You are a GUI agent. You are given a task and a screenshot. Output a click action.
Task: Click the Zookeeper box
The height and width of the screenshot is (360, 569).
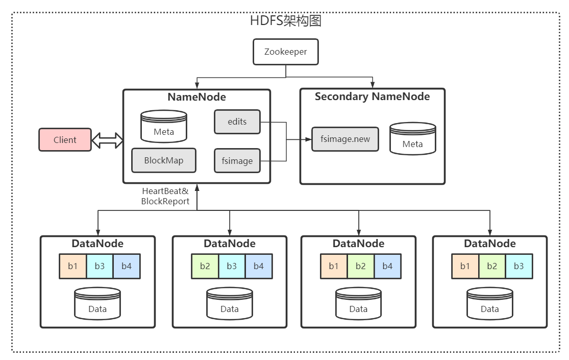tap(286, 52)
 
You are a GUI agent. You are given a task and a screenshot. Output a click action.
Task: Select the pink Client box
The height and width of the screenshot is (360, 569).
tap(65, 140)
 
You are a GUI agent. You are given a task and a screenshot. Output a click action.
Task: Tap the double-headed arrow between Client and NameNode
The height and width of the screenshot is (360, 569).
tap(107, 140)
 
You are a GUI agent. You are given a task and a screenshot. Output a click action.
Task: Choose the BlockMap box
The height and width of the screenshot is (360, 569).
tap(163, 160)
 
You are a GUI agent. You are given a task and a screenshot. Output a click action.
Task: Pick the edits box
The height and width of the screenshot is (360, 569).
tap(237, 122)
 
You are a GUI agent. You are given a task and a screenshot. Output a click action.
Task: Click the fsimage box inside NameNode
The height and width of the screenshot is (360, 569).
tap(237, 161)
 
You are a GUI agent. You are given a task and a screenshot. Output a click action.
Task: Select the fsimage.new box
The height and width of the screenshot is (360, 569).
tap(345, 138)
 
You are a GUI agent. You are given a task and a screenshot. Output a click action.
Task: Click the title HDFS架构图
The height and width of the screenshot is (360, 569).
tap(285, 21)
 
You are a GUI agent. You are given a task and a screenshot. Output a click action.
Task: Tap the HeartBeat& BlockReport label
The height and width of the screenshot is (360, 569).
tap(165, 196)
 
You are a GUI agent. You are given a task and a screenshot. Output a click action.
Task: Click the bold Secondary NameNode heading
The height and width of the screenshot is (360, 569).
tap(372, 97)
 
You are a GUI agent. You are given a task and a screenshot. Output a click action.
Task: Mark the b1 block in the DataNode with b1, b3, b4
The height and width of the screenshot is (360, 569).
tap(72, 266)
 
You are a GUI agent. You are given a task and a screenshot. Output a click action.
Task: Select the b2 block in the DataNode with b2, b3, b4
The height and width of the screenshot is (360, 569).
tap(205, 266)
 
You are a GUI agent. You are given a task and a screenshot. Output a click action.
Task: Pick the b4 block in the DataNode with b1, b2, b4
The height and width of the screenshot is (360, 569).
tap(387, 266)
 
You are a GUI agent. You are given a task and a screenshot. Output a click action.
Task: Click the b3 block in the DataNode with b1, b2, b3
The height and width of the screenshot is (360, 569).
tap(518, 266)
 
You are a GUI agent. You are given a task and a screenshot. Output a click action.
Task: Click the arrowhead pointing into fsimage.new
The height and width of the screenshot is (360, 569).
tap(308, 139)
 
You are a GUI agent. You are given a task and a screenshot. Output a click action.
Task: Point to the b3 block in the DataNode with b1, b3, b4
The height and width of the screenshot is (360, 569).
tap(100, 266)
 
